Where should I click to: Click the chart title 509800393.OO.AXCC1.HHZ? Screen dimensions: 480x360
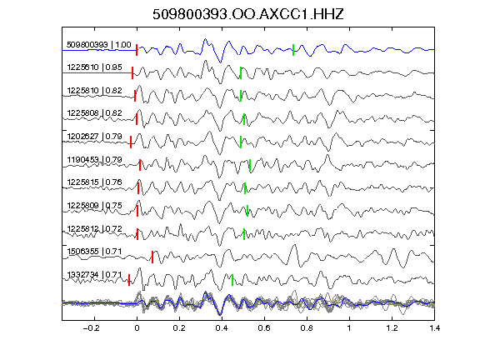click(248, 14)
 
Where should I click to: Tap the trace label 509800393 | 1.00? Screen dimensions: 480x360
click(99, 45)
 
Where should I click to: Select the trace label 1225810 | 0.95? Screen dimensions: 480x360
click(95, 67)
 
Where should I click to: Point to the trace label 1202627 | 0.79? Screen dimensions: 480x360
click(95, 136)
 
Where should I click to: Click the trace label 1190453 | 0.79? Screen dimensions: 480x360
click(95, 159)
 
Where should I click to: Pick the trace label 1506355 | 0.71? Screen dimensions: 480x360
click(95, 252)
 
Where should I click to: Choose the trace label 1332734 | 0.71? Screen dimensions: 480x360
click(95, 275)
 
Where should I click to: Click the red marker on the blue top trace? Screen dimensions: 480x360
click(137, 50)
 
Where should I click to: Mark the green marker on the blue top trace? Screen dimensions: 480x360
click(293, 50)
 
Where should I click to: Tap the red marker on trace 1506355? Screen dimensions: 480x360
click(152, 257)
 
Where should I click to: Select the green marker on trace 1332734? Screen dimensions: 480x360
click(232, 280)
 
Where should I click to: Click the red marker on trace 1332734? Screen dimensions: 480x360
click(129, 280)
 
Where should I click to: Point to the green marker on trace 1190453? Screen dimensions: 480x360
click(250, 165)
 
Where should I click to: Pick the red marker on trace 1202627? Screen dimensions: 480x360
click(131, 142)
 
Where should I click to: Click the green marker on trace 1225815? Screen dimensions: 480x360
click(245, 188)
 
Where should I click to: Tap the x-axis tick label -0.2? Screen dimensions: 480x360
click(91, 328)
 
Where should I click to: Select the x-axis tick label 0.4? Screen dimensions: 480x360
click(222, 328)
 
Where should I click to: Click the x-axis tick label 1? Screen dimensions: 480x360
click(349, 328)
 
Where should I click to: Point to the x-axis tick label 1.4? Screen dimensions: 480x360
click(434, 328)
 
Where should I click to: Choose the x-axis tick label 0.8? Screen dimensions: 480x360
click(307, 328)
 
